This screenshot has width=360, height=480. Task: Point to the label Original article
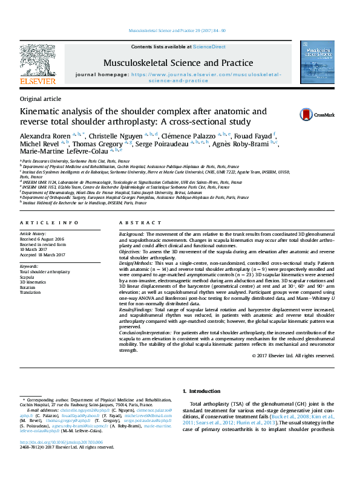click(41, 99)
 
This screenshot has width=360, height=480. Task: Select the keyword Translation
click(33, 293)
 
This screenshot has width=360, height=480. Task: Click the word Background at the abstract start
click(131, 233)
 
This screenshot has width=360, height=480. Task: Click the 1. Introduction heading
click(203, 391)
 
